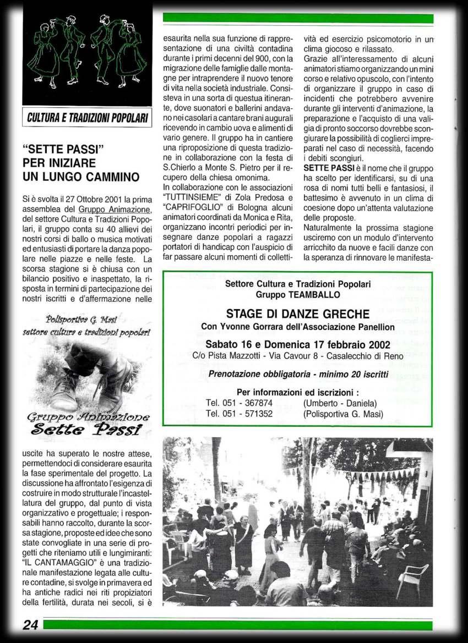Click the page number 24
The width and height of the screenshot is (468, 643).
point(30,624)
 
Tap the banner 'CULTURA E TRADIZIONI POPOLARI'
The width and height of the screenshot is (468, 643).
point(87,118)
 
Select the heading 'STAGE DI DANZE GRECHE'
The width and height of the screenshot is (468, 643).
point(297,314)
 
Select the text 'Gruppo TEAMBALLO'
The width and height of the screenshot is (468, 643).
point(297,295)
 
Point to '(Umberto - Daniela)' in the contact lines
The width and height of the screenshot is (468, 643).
point(340,403)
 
